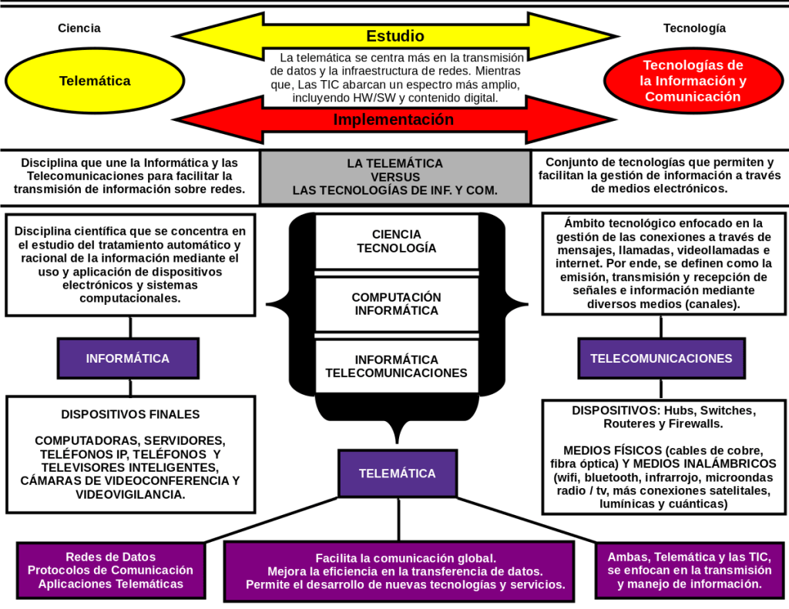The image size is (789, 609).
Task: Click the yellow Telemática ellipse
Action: click(95, 81)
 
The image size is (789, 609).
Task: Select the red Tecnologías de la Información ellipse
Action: click(693, 81)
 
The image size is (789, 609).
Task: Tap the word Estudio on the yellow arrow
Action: click(394, 36)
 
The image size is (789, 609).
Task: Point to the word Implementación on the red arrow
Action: click(393, 119)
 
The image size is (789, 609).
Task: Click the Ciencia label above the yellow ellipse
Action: click(79, 28)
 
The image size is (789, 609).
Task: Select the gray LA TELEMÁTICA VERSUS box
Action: click(394, 176)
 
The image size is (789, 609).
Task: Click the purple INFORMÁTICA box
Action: click(128, 358)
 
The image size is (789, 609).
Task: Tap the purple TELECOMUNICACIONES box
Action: click(661, 358)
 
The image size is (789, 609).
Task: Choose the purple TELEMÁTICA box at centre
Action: click(397, 473)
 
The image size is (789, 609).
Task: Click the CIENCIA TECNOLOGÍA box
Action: click(396, 241)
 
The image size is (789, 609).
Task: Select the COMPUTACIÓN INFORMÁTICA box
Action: click(396, 304)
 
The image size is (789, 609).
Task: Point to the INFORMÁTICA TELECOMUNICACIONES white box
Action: click(396, 366)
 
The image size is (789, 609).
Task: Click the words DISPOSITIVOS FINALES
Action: click(130, 414)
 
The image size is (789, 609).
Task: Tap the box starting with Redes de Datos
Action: click(110, 571)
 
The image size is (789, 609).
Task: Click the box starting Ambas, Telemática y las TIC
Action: click(689, 571)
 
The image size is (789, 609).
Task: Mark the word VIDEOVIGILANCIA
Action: click(130, 494)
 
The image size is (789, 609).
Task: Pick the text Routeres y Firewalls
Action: click(663, 423)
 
